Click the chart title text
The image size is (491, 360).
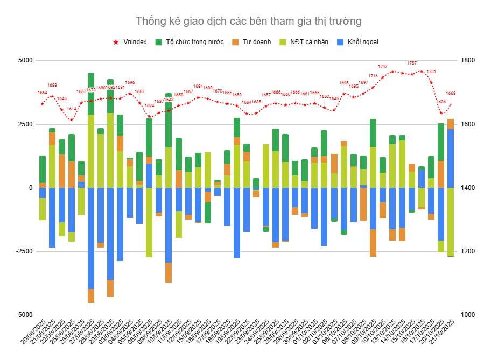pyautogui.click(x=248, y=21)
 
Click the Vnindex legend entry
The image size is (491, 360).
pyautogui.click(x=131, y=42)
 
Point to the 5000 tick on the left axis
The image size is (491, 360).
pyautogui.click(x=25, y=60)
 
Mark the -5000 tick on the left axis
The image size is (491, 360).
pyautogui.click(x=23, y=315)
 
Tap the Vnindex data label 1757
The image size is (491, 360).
pyautogui.click(x=411, y=63)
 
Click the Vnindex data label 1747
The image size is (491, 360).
pyautogui.click(x=382, y=66)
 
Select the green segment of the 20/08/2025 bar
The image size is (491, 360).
pyautogui.click(x=43, y=169)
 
